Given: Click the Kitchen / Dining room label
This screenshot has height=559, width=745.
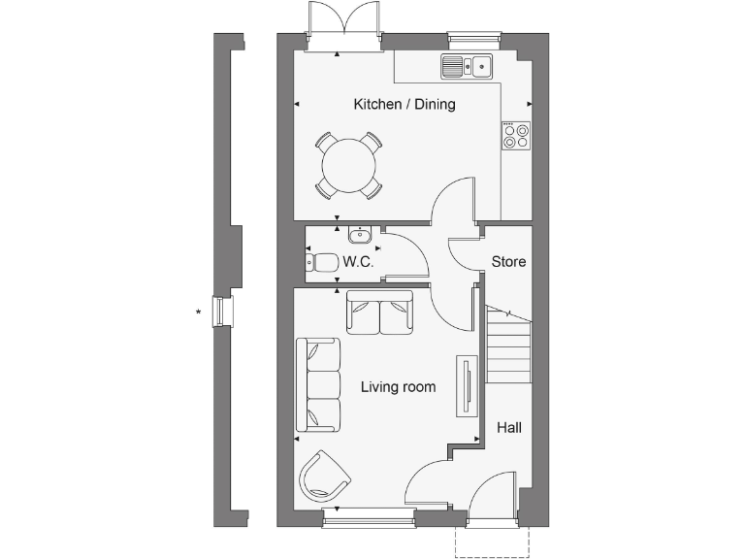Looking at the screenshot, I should coord(405,104).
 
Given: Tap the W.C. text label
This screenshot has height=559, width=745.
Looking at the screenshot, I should coord(358,262).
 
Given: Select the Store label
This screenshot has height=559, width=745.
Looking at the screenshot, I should coord(508,261).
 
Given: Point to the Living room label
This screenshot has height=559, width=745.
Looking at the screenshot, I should coord(398,387).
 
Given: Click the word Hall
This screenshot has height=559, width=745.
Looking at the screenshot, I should coord(509,426).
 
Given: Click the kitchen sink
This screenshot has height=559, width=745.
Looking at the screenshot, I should coord(467,67).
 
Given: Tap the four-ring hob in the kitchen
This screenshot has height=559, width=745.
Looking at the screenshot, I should coord(516,136).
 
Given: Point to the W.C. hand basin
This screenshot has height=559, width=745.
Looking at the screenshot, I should coord(359,234).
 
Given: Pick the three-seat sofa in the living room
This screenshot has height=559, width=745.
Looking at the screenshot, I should coord(319,384).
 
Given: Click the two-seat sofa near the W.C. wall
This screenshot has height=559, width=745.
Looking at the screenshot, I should coord(379,312).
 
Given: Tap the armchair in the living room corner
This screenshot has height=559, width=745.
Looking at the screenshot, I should coord(324,477).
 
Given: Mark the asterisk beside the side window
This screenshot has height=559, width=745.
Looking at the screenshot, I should coord(199,312).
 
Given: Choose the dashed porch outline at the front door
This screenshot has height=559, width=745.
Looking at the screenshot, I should coord(493,543).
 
